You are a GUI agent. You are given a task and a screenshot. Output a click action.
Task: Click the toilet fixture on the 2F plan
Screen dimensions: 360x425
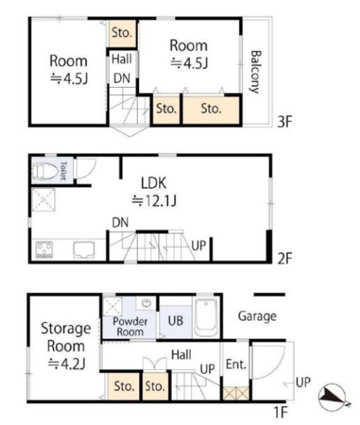tap(45, 171)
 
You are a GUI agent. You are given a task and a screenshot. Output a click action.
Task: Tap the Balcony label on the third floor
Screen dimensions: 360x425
tap(255, 72)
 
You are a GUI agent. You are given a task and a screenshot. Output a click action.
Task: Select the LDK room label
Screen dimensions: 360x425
tap(154, 183)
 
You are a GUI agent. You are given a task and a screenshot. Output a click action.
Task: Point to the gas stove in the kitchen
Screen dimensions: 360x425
tap(44, 249)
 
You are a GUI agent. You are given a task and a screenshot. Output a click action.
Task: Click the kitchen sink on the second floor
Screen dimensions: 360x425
tap(84, 250)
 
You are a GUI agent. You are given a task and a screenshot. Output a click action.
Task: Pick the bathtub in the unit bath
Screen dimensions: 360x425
tap(206, 317)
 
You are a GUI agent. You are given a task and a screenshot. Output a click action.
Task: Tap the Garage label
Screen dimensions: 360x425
tap(257, 316)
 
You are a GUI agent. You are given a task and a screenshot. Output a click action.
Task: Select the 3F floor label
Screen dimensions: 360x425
tap(285, 122)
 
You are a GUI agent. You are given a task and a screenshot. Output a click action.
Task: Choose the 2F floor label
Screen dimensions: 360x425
tap(285, 258)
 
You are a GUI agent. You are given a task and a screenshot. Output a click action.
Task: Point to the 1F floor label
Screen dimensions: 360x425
tap(280, 413)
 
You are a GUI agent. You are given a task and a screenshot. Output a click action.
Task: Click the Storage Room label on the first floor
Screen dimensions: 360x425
tap(66, 346)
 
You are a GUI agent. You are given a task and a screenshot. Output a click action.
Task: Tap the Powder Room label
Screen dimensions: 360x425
tap(130, 326)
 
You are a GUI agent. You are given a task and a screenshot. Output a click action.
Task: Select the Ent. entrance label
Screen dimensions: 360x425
tap(236, 364)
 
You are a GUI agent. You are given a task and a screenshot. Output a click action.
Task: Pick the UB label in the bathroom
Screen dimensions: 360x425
tap(175, 321)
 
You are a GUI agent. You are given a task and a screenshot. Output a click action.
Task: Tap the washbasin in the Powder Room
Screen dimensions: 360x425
tap(147, 303)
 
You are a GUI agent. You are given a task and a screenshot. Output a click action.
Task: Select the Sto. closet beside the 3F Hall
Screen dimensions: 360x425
tap(122, 33)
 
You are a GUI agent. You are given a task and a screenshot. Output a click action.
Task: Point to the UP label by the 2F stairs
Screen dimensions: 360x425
tap(199, 245)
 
